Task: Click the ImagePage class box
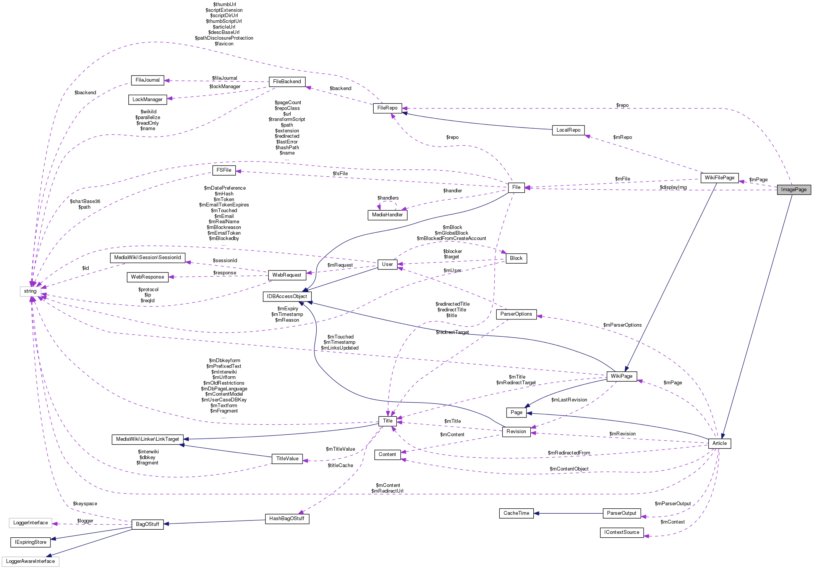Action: click(x=794, y=190)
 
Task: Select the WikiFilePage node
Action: click(x=719, y=178)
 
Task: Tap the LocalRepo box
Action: click(x=568, y=130)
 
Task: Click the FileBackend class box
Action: click(x=287, y=82)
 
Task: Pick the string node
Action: click(x=30, y=291)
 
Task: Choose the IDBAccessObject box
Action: click(x=287, y=297)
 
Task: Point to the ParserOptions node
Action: click(x=516, y=314)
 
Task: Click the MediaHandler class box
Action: click(x=387, y=215)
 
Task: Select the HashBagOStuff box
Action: click(x=287, y=519)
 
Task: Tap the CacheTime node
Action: click(x=516, y=513)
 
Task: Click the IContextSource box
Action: click(x=622, y=532)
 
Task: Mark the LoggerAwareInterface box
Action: click(x=30, y=561)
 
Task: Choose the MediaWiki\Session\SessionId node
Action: click(x=147, y=258)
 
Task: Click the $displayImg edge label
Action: click(x=673, y=187)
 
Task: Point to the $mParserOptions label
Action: click(x=622, y=325)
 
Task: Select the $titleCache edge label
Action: click(x=340, y=466)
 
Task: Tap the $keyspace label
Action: click(x=85, y=504)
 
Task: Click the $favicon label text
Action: click(x=224, y=44)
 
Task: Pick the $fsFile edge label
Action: click(x=340, y=174)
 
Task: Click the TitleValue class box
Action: click(x=287, y=459)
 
